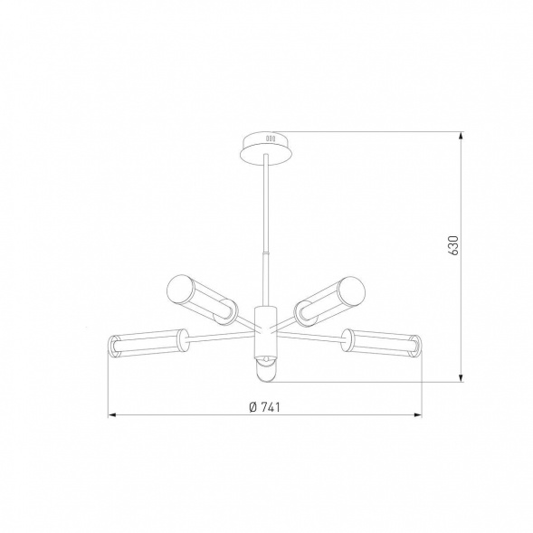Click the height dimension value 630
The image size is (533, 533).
(x=453, y=244)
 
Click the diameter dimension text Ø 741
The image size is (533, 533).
(x=264, y=407)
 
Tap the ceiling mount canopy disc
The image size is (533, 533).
(x=266, y=148)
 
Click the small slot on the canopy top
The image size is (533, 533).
(x=271, y=138)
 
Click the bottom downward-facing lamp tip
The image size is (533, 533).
(x=265, y=372)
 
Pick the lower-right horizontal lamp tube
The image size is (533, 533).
(x=382, y=343)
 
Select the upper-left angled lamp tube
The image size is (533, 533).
(x=202, y=298)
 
